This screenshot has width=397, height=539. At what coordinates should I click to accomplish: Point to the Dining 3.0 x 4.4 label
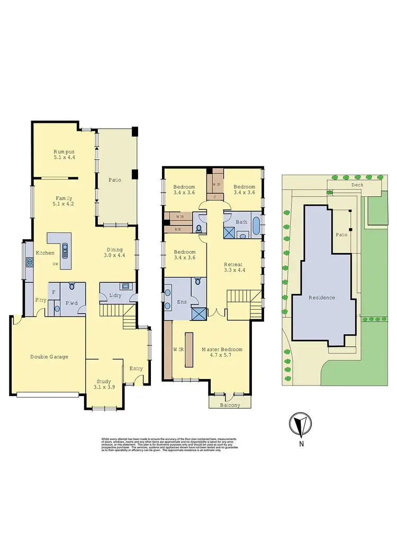(x=114, y=253)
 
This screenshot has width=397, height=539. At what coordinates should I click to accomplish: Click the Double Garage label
(x=49, y=357)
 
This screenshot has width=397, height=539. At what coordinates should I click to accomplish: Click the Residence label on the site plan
(x=322, y=298)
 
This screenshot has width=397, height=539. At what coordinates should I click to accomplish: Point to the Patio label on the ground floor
(x=115, y=180)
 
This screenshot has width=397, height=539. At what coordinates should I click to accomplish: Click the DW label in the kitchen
(x=55, y=264)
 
